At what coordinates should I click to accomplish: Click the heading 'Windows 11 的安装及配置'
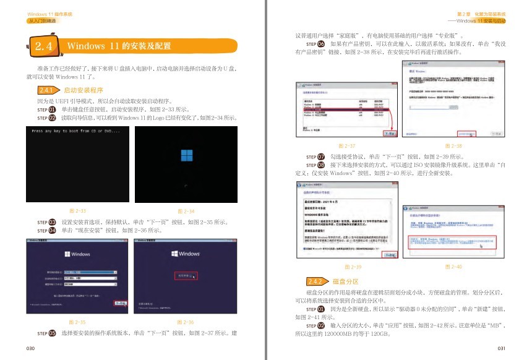coord(119,46)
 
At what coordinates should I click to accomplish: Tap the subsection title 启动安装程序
coord(84,90)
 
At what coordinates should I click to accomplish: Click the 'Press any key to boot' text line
coord(75,131)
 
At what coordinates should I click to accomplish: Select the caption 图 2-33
coord(78,211)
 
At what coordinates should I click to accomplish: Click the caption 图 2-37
coord(348,145)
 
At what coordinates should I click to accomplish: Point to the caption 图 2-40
coord(453,267)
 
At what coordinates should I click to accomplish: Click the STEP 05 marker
coord(47,333)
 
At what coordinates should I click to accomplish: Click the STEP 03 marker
coord(47,221)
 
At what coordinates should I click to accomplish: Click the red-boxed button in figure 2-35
coord(120,303)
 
